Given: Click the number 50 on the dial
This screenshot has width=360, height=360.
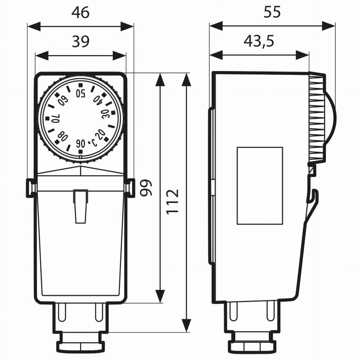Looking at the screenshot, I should pos(80,92).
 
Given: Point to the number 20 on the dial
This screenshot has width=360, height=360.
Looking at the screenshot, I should pos(100,133).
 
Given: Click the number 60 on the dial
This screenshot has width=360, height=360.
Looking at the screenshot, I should pos(62,100).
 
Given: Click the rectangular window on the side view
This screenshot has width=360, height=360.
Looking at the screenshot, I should pos(260,185).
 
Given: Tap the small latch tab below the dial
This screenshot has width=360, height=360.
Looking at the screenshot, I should pos(80,205).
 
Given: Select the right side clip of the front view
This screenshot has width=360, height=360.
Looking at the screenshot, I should pos(130,187).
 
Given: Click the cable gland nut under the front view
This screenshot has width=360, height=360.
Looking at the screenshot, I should pos(80,345).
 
